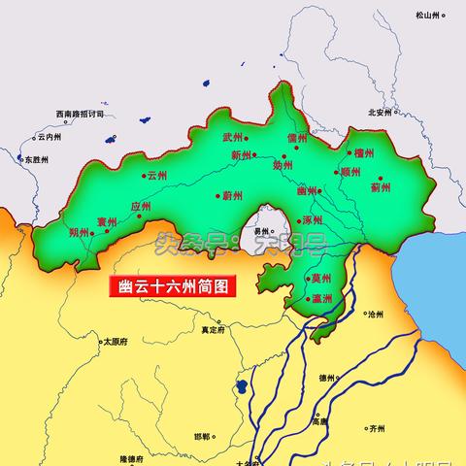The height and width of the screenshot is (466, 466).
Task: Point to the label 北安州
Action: tap(379, 112)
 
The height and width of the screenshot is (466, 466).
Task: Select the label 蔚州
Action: tap(231, 195)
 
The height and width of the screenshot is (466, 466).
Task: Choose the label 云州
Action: tap(157, 176)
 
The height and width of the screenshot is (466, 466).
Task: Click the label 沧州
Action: tap(376, 316)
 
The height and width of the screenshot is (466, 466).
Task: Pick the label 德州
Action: tap(326, 379)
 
